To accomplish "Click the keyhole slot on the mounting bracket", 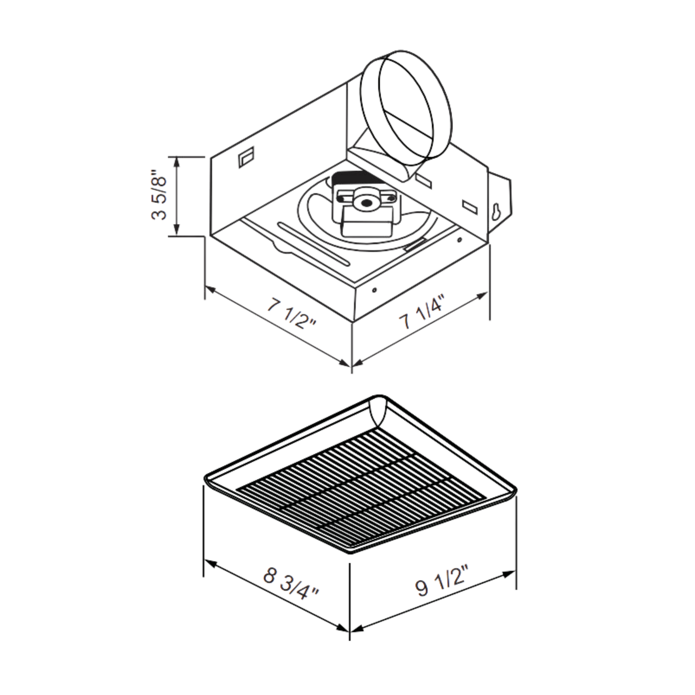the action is pos(496,212).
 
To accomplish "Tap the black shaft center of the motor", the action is pos(366,204).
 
